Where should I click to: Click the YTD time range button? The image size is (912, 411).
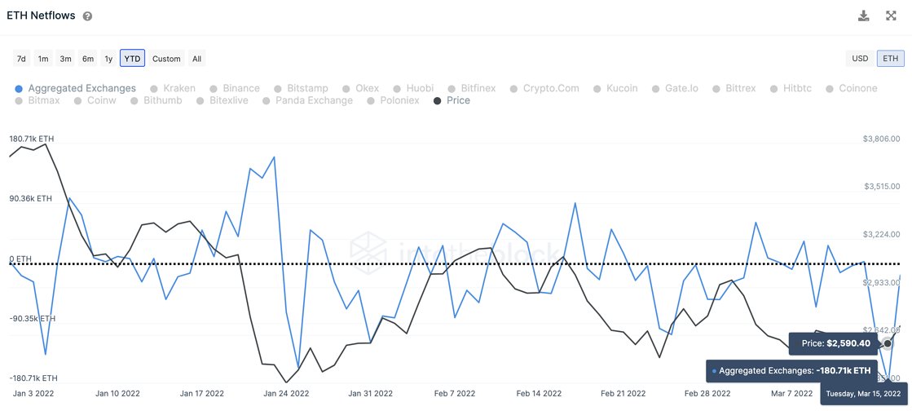click(x=132, y=59)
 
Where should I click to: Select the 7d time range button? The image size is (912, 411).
click(x=21, y=59)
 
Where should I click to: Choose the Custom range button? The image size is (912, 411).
click(x=166, y=59)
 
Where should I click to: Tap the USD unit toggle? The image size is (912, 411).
click(x=860, y=59)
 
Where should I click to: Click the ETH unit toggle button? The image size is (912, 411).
click(x=890, y=59)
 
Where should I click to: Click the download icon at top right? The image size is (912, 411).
click(x=864, y=15)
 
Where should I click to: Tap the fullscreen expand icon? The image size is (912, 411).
click(x=891, y=15)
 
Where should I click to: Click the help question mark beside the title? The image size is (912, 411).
click(x=87, y=16)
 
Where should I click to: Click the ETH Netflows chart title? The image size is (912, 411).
click(x=41, y=15)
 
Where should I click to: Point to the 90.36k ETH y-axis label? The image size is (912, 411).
click(x=31, y=198)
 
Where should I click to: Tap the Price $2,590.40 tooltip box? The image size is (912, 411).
click(x=830, y=343)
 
